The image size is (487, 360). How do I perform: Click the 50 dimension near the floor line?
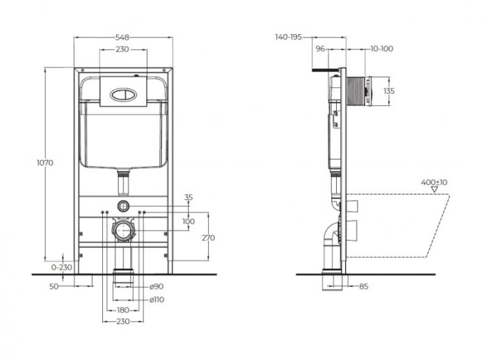coord(54,286)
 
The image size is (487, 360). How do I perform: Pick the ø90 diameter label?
coord(157,287)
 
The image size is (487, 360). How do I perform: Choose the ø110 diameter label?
coord(157,299)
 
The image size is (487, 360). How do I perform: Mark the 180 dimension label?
coord(122,310)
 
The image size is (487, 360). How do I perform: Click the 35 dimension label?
coord(188,197)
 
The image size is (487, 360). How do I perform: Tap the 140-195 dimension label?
coord(288,37)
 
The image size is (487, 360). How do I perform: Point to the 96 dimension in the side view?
coord(321,49)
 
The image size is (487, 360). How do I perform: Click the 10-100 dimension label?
coord(382,49)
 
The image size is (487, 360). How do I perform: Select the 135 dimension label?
coord(390,91)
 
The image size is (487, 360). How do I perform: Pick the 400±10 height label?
coord(434,182)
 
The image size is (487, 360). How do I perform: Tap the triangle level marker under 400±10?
coord(434,189)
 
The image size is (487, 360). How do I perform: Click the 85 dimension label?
coord(364,286)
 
